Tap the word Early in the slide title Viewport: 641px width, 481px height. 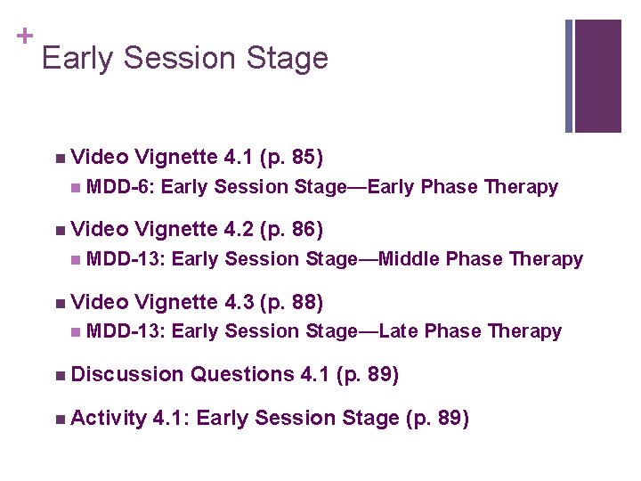pyautogui.click(x=77, y=59)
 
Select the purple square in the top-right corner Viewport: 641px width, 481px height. pyautogui.click(x=597, y=76)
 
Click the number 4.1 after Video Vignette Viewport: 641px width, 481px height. pyautogui.click(x=239, y=159)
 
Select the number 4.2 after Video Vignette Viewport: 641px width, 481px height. pyautogui.click(x=239, y=230)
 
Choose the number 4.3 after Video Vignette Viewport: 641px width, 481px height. pyautogui.click(x=239, y=302)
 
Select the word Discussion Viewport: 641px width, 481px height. pyautogui.click(x=126, y=375)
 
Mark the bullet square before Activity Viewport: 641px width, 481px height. pyautogui.click(x=58, y=419)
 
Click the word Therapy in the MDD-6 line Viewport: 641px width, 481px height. pyautogui.click(x=521, y=187)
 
